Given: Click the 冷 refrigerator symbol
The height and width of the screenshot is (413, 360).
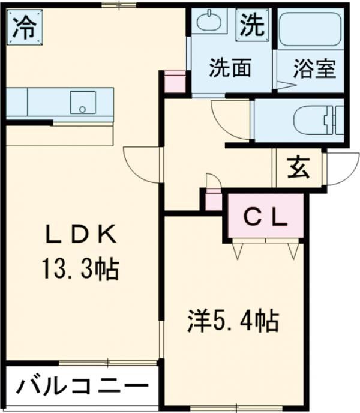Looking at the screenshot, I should (24, 27).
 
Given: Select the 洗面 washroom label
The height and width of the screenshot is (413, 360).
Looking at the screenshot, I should (229, 69).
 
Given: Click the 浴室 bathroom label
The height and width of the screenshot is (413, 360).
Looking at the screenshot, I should (314, 69).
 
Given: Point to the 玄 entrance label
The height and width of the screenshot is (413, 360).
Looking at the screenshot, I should (298, 168).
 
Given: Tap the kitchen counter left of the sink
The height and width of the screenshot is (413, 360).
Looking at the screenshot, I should (36, 102).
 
